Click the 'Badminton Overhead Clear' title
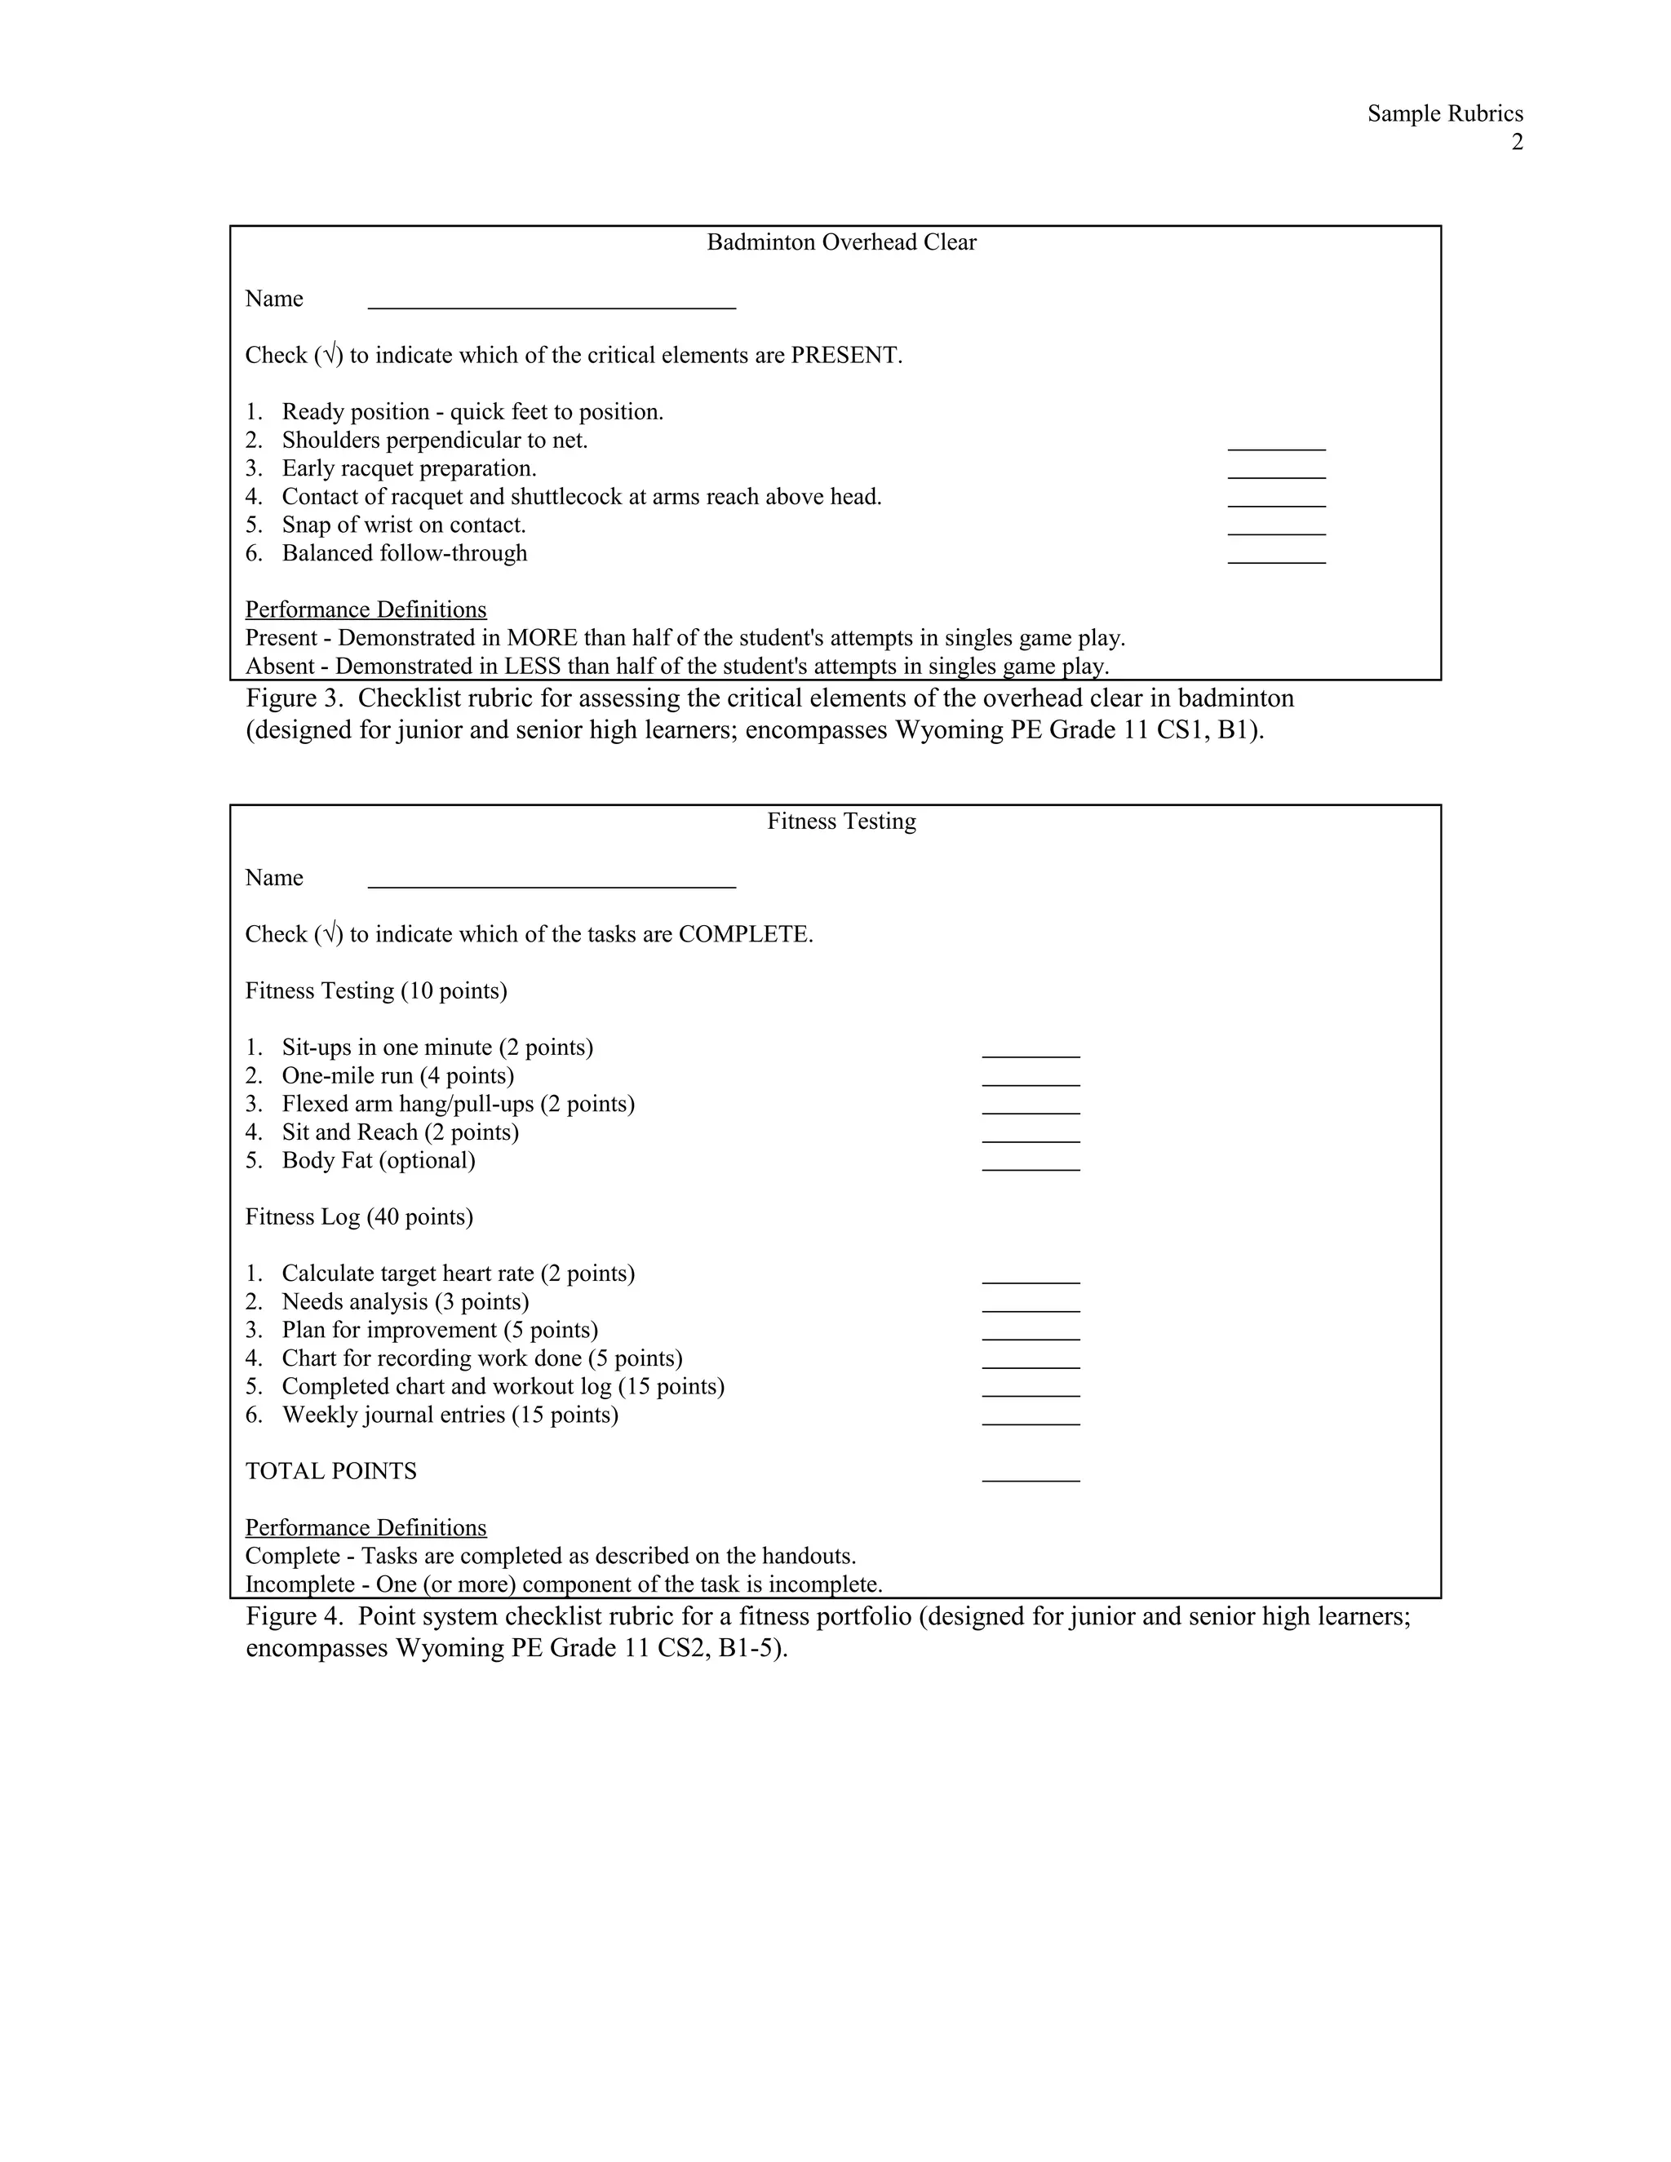840,242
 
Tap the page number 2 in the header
1517,143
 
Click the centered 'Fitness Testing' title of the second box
840,822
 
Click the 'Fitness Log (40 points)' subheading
359,1217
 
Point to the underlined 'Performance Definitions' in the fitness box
366,1527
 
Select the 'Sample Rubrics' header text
1444,114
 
